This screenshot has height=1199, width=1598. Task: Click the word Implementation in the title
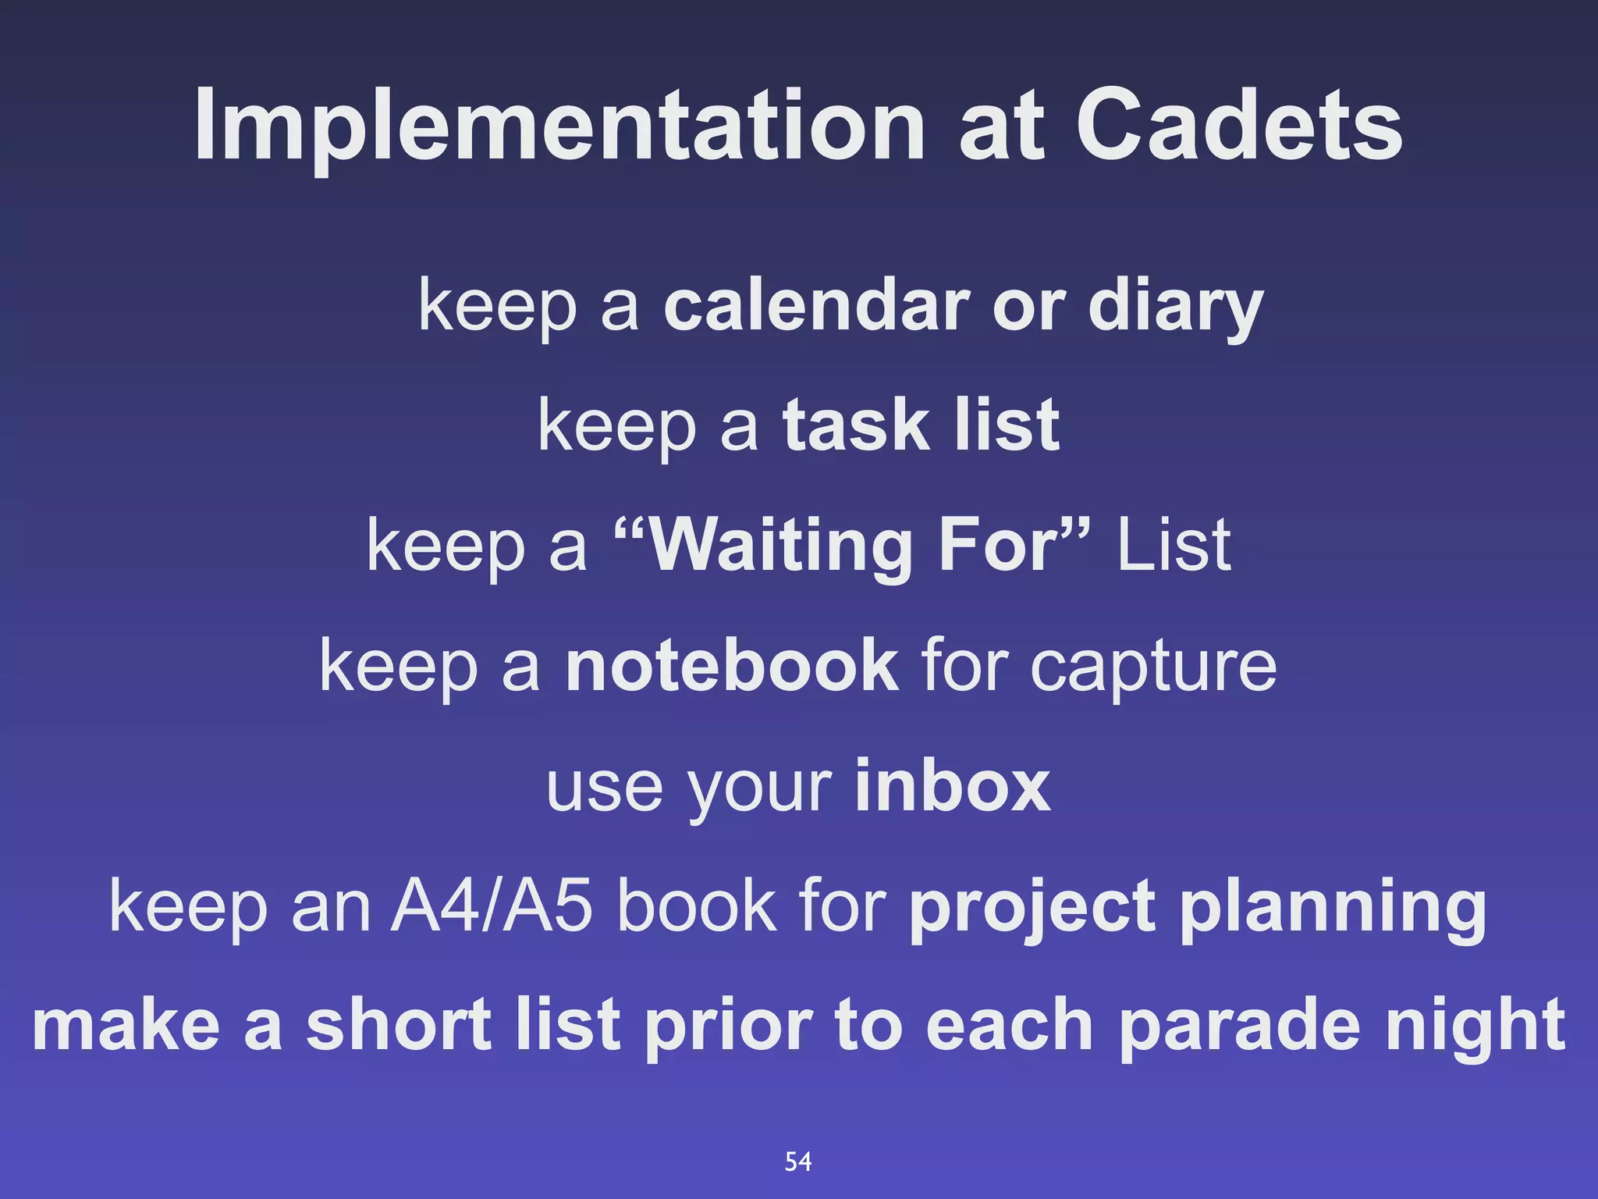559,125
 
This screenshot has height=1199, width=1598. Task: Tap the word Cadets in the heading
1239,125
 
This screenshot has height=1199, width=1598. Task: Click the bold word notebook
731,665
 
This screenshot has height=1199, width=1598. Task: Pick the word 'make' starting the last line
126,1026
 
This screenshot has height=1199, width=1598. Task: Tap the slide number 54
798,1162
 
